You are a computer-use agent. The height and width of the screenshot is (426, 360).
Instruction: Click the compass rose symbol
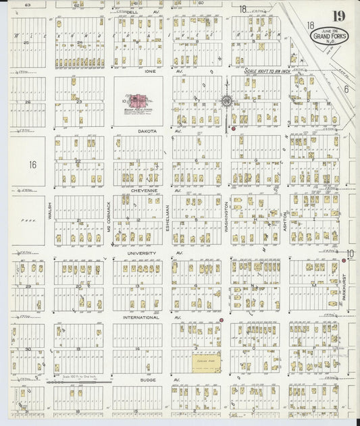tap(226, 101)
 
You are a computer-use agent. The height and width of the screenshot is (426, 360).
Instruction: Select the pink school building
tap(138, 101)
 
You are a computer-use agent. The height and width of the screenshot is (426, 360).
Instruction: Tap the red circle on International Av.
tap(221, 319)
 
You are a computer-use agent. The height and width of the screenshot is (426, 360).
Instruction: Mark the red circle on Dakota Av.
tap(234, 128)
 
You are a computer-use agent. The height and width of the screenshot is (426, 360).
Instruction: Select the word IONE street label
tap(151, 70)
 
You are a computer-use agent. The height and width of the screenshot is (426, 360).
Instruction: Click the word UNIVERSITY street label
tap(141, 254)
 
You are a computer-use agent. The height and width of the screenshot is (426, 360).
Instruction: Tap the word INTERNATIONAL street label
tap(140, 317)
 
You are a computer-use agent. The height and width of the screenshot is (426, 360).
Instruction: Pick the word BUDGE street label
tap(145, 379)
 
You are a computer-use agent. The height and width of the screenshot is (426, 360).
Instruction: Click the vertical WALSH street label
tap(49, 204)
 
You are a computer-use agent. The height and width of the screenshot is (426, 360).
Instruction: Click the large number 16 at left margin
tap(32, 164)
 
